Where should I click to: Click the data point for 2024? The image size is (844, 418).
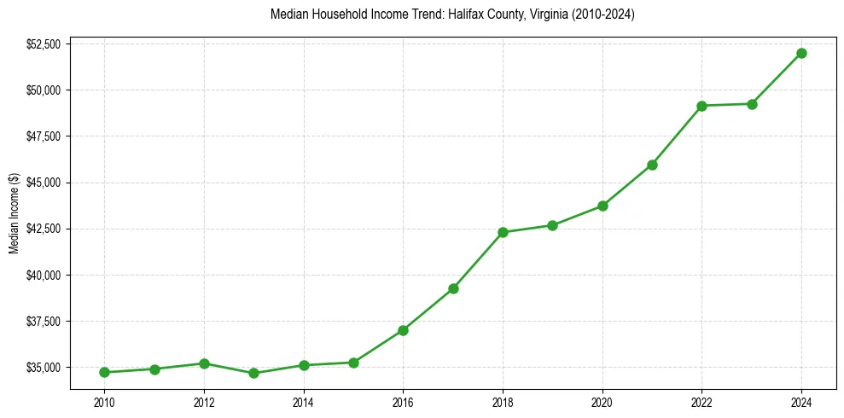tap(801, 53)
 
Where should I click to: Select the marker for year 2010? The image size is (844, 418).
tap(104, 372)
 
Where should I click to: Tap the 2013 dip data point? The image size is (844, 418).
tap(253, 373)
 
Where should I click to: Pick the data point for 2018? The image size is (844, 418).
tap(503, 232)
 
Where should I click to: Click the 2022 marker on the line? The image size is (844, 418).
tap(701, 106)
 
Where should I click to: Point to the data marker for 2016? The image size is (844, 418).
tap(403, 330)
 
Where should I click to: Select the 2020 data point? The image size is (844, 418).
tap(602, 206)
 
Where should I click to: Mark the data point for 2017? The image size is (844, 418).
tap(453, 288)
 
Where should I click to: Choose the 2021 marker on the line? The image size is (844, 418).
tap(652, 165)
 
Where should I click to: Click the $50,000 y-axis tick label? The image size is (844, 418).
tap(44, 90)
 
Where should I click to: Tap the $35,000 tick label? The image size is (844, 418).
tap(44, 368)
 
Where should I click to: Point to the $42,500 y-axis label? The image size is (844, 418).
tap(44, 229)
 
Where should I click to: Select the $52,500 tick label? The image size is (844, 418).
tap(44, 44)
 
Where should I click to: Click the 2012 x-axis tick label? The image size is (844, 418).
tap(204, 401)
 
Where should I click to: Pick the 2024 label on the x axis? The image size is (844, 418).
tap(801, 401)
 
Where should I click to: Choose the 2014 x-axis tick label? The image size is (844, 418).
tap(303, 401)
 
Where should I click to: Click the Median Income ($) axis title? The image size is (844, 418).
tap(14, 212)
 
